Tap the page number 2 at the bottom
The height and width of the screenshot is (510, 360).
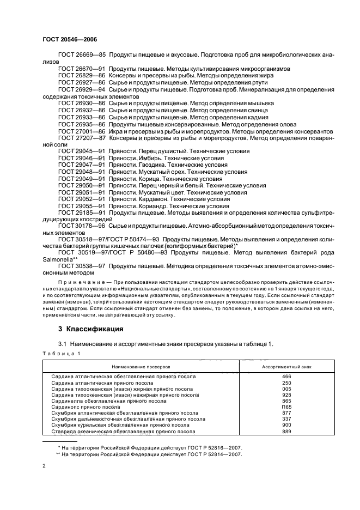pos(44,466)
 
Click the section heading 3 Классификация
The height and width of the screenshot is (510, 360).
pos(90,329)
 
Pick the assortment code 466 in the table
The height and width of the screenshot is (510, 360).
pos(286,377)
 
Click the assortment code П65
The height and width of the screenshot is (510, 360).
pos(286,407)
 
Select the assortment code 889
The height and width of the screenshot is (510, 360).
pos(286,431)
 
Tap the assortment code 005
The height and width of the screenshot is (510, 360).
pos(286,388)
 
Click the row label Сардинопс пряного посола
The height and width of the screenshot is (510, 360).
pos(86,407)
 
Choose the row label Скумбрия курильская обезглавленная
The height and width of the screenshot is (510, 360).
pos(120,425)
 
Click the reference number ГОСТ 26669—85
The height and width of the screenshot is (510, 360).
pos(82,56)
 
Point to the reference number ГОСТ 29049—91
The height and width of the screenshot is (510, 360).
pos(82,178)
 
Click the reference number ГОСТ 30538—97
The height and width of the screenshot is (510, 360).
pos(82,265)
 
